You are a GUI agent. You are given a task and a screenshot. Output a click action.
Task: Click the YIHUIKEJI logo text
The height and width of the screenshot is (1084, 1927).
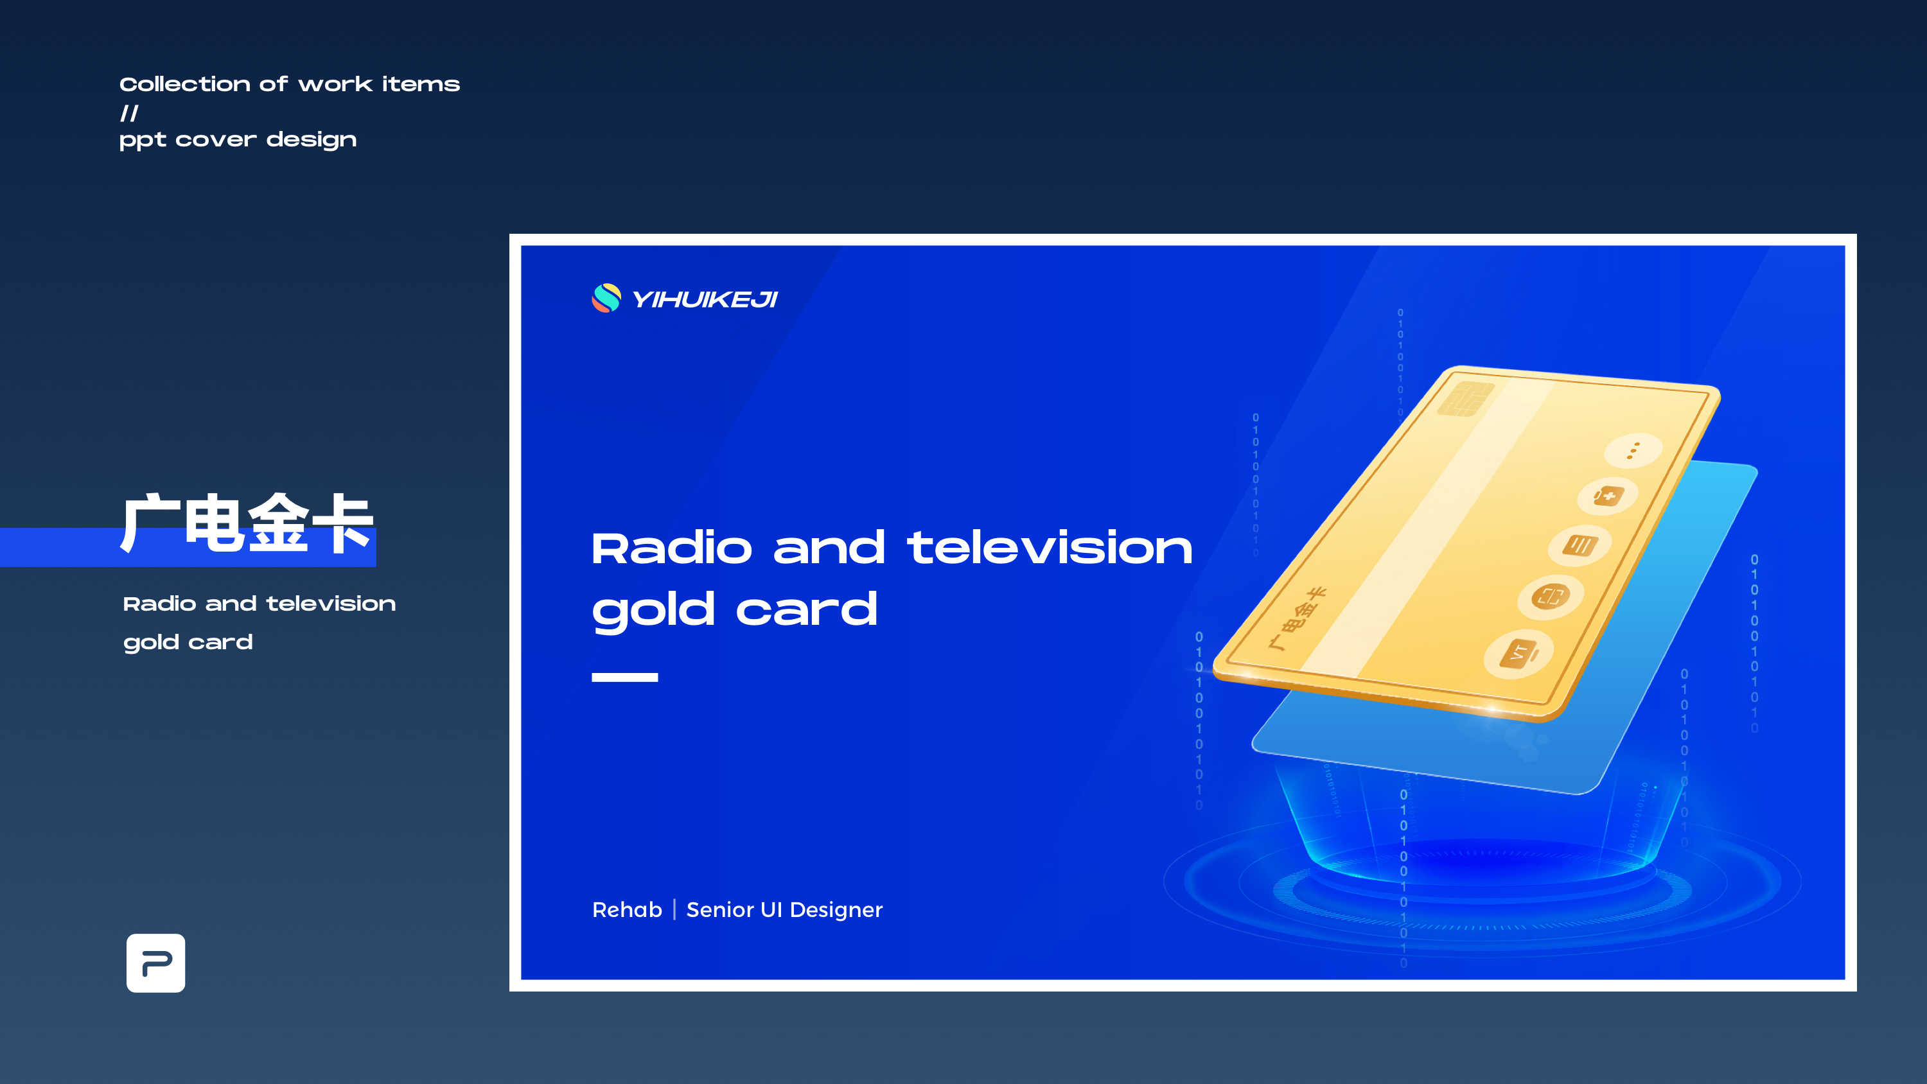point(705,299)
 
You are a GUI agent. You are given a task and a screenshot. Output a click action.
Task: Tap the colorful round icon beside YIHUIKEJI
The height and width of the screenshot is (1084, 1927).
point(606,298)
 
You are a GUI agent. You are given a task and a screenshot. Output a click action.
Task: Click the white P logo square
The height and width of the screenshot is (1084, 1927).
point(155,963)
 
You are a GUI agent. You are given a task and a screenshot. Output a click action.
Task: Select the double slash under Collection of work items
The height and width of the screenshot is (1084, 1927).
point(129,113)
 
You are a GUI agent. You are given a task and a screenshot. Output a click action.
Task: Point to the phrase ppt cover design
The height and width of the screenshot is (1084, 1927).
point(238,140)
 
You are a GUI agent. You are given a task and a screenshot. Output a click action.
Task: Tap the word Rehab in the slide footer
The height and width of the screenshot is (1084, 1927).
point(627,910)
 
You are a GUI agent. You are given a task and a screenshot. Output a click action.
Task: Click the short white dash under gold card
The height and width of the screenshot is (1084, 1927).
point(624,677)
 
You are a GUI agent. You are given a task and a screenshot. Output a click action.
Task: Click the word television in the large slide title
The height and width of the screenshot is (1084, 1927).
point(1050,548)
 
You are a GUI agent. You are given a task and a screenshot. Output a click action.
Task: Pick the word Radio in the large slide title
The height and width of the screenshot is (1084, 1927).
point(672,548)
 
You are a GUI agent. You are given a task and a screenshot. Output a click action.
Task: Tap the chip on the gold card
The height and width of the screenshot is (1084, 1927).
point(1466,399)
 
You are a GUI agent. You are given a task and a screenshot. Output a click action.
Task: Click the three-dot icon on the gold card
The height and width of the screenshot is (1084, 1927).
point(1633,450)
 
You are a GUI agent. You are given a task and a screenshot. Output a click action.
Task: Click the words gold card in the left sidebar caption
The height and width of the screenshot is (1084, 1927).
point(188,643)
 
